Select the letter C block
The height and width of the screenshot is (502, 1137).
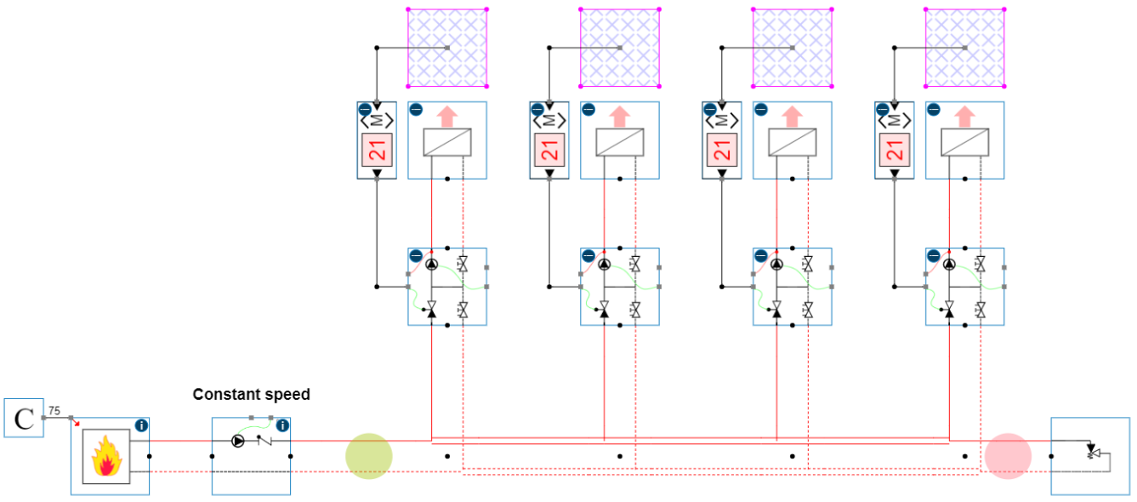(x=24, y=418)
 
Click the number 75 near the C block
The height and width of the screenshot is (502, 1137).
(x=54, y=410)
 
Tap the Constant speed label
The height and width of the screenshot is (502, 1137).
(x=251, y=395)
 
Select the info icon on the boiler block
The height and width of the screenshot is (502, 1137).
(x=141, y=425)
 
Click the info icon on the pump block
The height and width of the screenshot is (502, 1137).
(x=282, y=425)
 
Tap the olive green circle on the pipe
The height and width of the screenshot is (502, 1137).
(x=368, y=456)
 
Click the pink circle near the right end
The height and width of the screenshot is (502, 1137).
(x=1008, y=456)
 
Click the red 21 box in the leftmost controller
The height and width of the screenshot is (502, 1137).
(x=378, y=151)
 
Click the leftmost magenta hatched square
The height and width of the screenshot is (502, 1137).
(x=447, y=48)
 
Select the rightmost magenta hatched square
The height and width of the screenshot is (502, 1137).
(x=964, y=48)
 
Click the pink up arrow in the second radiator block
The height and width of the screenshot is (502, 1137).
(x=619, y=117)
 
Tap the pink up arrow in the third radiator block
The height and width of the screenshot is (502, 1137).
(x=792, y=117)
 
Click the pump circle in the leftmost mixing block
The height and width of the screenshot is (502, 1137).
(x=431, y=265)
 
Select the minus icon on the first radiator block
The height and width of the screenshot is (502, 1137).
(x=416, y=110)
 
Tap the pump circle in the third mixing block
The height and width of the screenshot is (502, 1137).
(x=776, y=265)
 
